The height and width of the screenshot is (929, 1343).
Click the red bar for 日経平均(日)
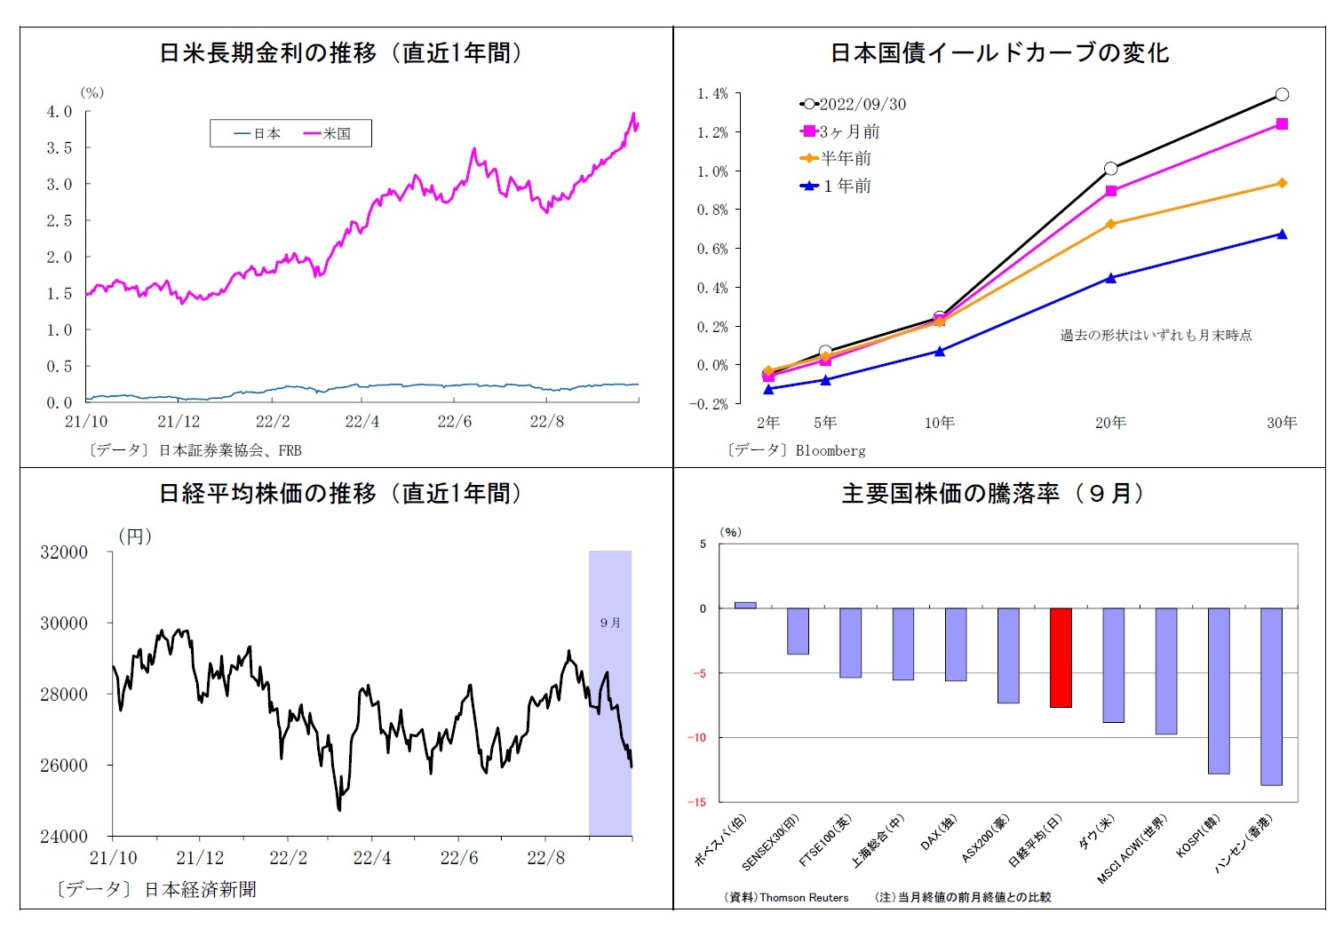pos(1061,657)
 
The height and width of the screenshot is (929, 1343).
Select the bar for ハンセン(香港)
pos(1271,696)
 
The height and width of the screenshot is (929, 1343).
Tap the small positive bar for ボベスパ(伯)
pos(745,605)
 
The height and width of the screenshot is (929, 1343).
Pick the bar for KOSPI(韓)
pos(1219,690)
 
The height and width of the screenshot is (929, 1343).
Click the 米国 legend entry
pos(328,134)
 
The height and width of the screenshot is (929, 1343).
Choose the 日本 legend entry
pos(258,134)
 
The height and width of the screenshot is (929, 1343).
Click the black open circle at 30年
pos(1282,94)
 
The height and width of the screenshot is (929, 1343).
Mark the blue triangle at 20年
pos(1111,278)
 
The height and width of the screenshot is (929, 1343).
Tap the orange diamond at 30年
pos(1282,183)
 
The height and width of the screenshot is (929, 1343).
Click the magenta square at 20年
pos(1111,191)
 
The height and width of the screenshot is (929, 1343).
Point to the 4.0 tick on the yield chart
pos(60,111)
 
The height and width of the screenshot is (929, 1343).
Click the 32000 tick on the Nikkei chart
pos(64,552)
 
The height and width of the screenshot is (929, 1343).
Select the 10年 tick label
pos(939,423)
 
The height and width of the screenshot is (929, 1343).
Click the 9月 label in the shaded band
pos(610,623)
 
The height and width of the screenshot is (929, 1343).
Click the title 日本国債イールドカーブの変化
pos(999,53)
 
